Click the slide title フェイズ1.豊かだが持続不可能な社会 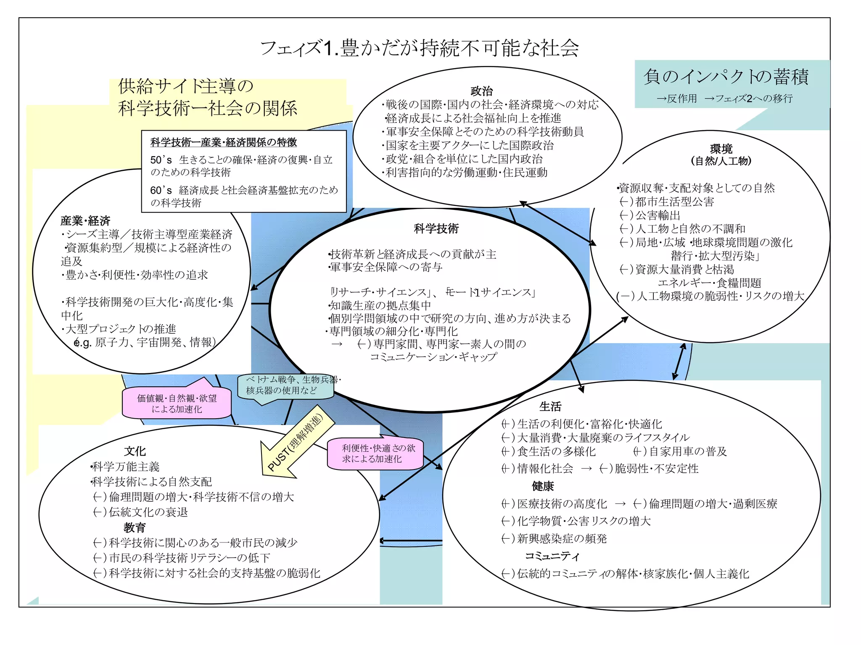[x=420, y=48]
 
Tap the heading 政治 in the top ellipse [x=481, y=91]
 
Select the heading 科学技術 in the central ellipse [x=436, y=228]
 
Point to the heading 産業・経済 [x=85, y=220]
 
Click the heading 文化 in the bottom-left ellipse [x=135, y=451]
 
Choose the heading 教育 [x=135, y=527]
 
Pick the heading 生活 [x=550, y=406]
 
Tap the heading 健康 [x=543, y=486]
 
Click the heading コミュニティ [x=552, y=556]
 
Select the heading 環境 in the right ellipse [x=721, y=149]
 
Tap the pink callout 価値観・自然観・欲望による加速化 [x=177, y=403]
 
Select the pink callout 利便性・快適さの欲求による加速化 [x=375, y=454]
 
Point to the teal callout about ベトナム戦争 [x=286, y=385]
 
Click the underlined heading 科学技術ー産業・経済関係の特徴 [x=223, y=142]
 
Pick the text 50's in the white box [x=161, y=160]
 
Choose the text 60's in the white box [x=161, y=190]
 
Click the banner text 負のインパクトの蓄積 [x=726, y=77]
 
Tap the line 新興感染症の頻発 [x=562, y=538]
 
